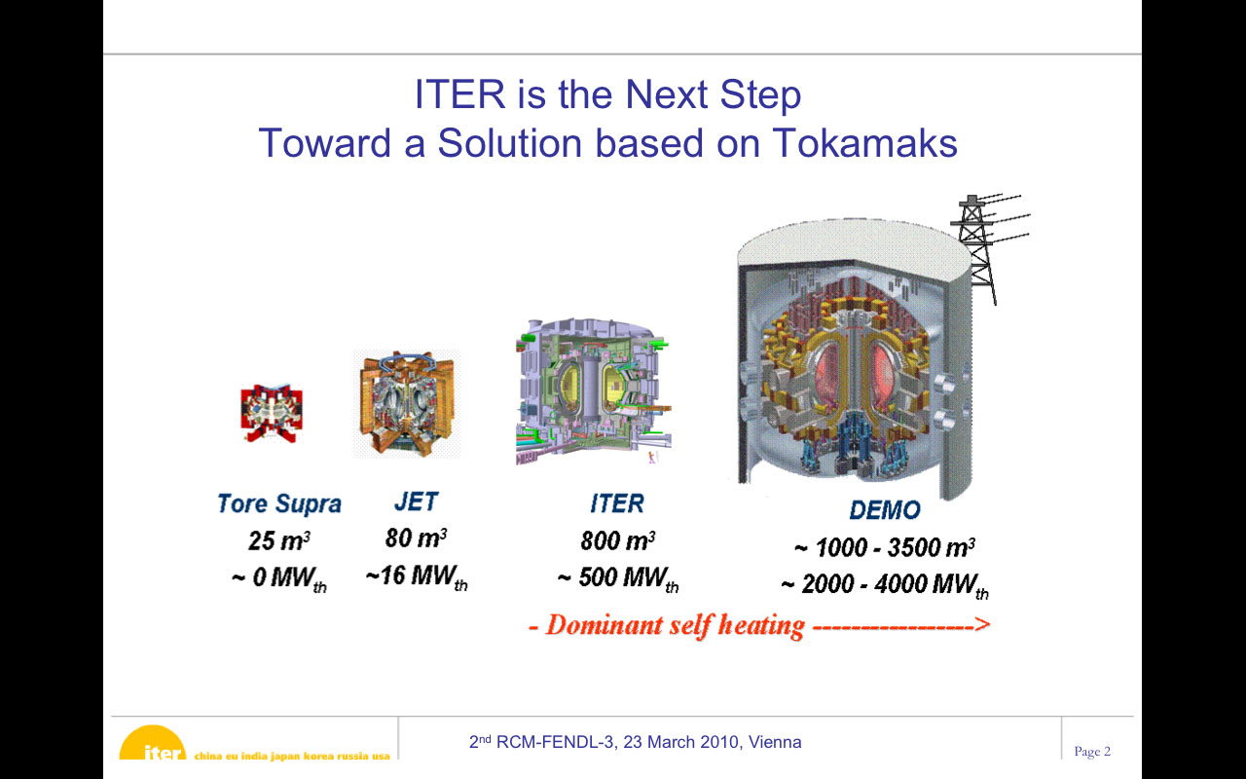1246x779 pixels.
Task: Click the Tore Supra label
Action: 279,503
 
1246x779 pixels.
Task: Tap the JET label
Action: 416,501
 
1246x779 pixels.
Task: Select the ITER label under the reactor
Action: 617,503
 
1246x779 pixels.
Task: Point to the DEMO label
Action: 885,509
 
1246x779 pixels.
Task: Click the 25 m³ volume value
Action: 279,540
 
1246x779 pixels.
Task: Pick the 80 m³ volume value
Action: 416,538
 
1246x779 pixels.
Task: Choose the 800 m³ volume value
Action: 617,540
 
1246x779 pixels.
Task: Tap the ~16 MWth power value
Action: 417,576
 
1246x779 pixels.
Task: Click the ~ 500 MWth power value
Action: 618,578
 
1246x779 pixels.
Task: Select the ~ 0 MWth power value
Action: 279,578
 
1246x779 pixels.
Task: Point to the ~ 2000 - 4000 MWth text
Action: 885,585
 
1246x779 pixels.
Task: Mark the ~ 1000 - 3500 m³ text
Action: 885,547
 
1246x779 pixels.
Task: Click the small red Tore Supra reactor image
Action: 272,413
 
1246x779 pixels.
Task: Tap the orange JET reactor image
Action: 407,404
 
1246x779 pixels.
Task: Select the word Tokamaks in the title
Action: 864,143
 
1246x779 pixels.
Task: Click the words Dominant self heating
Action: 676,625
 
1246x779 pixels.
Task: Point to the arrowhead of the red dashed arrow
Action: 983,624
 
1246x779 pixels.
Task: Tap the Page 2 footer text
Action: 1092,751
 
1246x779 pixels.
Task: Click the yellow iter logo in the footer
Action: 153,743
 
